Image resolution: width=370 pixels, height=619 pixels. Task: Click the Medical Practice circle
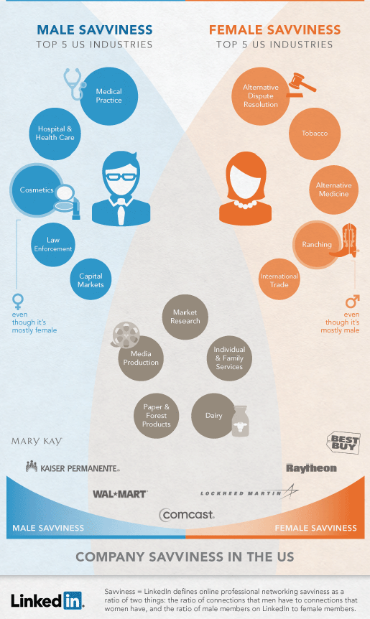pos(109,96)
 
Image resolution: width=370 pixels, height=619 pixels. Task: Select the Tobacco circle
pos(315,134)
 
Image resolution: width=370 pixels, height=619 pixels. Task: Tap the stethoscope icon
pos(74,83)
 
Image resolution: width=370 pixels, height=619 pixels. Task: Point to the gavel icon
pos(302,85)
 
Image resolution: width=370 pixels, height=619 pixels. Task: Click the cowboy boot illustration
pos(345,241)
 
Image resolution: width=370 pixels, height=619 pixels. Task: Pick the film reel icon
pos(126,335)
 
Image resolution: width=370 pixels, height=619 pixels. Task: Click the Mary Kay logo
pos(37,441)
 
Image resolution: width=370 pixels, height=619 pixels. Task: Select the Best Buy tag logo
pos(343,442)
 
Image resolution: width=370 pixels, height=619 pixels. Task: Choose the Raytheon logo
pos(312,468)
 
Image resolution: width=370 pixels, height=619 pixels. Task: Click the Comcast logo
pos(187,515)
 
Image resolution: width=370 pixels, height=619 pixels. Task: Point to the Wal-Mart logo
pos(120,494)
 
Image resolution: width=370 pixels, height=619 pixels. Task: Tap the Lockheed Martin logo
pos(249,492)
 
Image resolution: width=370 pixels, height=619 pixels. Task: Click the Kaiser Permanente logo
pos(73,467)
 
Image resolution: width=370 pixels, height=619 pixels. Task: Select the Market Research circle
pos(185,317)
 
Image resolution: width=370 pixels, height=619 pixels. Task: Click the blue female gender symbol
pos(18,301)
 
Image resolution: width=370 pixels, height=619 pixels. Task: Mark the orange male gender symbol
pos(352,301)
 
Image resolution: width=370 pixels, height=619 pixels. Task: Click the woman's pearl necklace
pos(245,205)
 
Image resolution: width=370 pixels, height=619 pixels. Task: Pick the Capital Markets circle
pos(91,279)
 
